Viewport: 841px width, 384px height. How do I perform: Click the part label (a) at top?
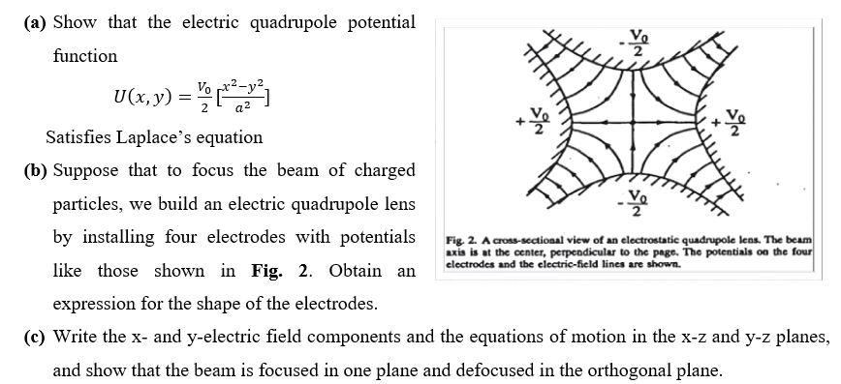point(35,21)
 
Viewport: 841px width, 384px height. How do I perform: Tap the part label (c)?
point(35,337)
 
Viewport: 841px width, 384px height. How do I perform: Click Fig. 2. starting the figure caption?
point(461,239)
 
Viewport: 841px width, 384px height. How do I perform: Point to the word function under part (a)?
point(85,55)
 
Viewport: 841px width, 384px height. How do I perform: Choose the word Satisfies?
point(81,136)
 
